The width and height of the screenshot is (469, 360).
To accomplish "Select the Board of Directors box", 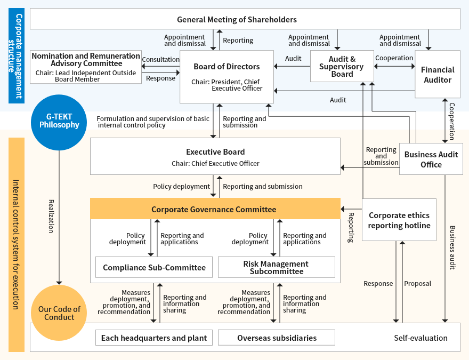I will (227, 76).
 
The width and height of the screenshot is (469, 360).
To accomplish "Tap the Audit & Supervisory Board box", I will (342, 67).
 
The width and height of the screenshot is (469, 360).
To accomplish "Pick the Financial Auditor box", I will (437, 75).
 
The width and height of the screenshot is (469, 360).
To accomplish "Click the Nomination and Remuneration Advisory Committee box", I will (85, 67).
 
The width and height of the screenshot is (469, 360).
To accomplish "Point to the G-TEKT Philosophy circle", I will (59, 121).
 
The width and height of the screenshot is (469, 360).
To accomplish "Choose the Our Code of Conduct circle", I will (59, 313).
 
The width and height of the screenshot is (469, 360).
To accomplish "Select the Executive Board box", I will (215, 156).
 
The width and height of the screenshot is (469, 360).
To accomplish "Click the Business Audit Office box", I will (431, 159).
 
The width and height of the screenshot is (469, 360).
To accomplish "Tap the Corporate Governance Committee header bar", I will (214, 209).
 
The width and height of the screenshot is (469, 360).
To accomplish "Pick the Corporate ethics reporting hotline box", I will (399, 220).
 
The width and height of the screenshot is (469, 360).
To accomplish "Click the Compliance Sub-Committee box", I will (154, 267).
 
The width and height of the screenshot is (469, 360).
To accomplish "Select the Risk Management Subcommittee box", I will (276, 267).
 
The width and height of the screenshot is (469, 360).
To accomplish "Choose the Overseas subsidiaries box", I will (277, 338).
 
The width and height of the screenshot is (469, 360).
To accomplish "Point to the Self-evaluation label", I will (421, 338).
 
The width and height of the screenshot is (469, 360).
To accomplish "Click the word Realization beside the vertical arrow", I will (52, 216).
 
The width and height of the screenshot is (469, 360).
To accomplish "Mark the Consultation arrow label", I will (160, 60).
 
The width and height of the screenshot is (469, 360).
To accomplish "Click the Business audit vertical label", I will (452, 247).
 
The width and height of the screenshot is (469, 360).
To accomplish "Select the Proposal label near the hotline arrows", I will (417, 284).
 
